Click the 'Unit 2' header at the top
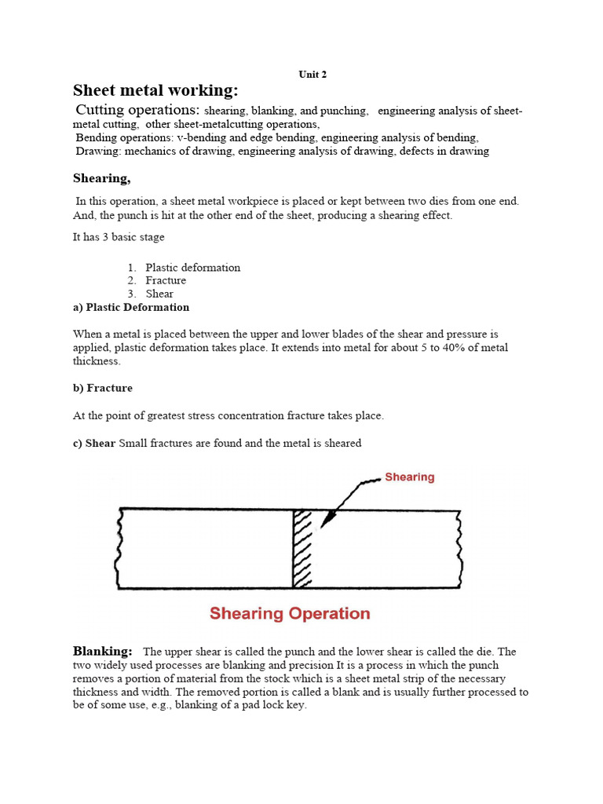[x=312, y=75]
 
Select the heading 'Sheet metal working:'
[x=155, y=90]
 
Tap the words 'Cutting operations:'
[x=137, y=110]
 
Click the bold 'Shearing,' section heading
[x=102, y=178]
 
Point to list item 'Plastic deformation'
[x=192, y=268]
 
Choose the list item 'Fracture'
[x=166, y=280]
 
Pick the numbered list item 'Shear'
[x=159, y=294]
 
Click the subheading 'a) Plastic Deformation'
[x=131, y=307]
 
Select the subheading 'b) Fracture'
[x=103, y=388]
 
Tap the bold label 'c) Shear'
[x=94, y=443]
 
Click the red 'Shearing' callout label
[x=409, y=477]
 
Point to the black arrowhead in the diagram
[x=327, y=518]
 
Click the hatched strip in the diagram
[x=302, y=548]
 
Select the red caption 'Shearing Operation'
[x=290, y=613]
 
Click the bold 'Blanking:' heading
[x=103, y=651]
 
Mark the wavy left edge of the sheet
[x=119, y=548]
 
